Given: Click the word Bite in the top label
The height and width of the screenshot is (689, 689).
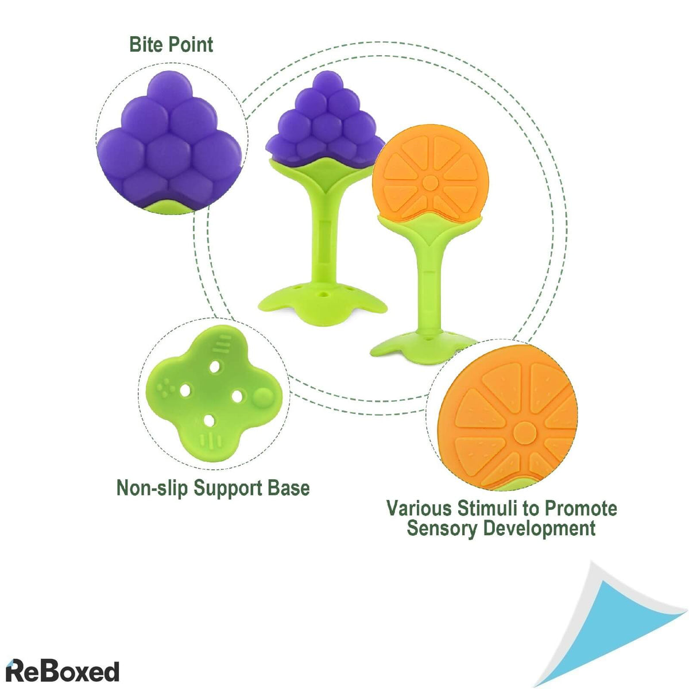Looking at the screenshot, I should pos(146,44).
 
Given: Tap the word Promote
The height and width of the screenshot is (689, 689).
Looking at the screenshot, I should pos(580,508).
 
